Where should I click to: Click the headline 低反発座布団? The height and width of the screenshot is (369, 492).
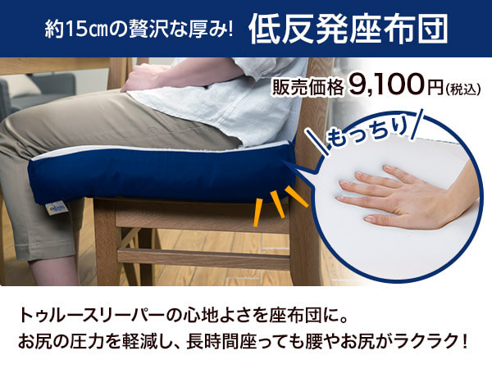coord(348,30)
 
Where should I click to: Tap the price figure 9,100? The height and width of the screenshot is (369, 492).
coord(387,84)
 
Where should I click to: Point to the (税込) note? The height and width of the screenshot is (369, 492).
coord(462,89)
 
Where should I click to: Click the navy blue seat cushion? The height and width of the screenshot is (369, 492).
coord(162,175)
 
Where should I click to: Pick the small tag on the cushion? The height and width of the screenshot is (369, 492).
coord(57,208)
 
